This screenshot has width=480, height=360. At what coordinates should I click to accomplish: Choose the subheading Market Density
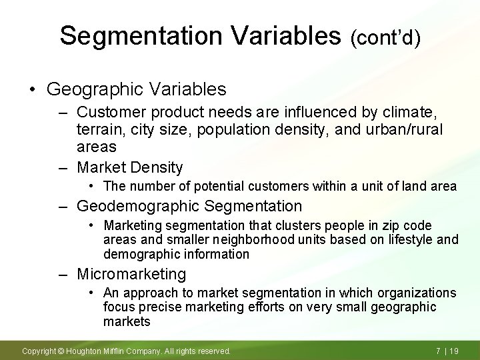[130, 167]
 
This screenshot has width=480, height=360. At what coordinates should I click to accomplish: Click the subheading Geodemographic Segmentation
[189, 206]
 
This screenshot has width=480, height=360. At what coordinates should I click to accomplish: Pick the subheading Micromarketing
[131, 273]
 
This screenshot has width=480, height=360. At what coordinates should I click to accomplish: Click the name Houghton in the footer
[84, 351]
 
